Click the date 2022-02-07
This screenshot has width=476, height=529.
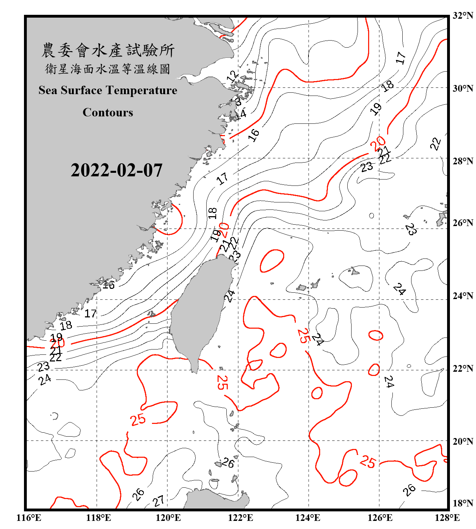click(116, 170)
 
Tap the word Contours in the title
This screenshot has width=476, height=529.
click(108, 113)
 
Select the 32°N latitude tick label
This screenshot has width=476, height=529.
click(463, 16)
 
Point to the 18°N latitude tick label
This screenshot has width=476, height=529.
click(463, 503)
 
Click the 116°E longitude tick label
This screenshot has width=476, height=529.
click(29, 518)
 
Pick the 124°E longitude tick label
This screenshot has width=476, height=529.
click(308, 518)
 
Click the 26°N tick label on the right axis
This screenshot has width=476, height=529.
click(463, 223)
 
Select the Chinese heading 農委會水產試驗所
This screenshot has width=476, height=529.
click(108, 50)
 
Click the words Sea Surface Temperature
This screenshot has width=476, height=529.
click(108, 90)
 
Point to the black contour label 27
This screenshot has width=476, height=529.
click(159, 500)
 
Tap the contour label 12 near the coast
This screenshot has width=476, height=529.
click(232, 77)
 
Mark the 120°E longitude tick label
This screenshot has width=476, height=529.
click(168, 518)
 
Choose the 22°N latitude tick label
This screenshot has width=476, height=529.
click(463, 369)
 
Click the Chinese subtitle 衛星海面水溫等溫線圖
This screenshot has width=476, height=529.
click(108, 69)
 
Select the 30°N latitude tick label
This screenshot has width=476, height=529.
click(463, 89)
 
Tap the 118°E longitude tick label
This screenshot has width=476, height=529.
click(98, 518)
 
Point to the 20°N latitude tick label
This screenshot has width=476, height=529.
click(463, 441)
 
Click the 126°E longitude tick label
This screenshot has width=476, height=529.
click(380, 518)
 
